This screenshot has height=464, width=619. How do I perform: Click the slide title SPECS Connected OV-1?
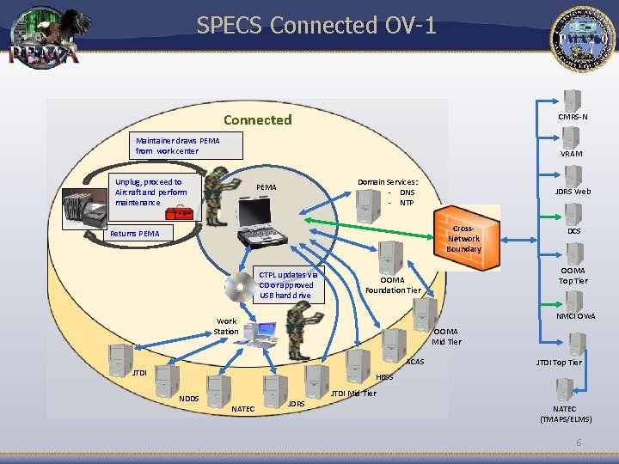[x=316, y=26]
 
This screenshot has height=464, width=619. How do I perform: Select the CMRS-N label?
[x=573, y=117]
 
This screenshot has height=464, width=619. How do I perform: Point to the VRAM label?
[x=572, y=154]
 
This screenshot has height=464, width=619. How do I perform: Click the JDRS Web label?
[x=573, y=192]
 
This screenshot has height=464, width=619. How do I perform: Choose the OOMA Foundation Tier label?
[x=393, y=284]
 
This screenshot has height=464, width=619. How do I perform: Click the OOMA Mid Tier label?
[x=446, y=336]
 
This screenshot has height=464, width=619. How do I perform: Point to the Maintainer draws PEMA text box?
[x=177, y=145]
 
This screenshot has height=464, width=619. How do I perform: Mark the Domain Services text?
[x=389, y=192]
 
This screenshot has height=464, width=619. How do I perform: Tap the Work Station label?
[x=226, y=326]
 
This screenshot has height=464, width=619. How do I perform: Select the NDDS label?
[x=188, y=398]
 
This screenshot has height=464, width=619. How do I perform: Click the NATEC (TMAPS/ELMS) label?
[x=565, y=413]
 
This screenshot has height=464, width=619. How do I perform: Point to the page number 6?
[x=579, y=442]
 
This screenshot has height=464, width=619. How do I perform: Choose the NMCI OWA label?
[x=575, y=316]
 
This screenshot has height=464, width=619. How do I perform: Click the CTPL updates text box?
[x=289, y=285]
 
